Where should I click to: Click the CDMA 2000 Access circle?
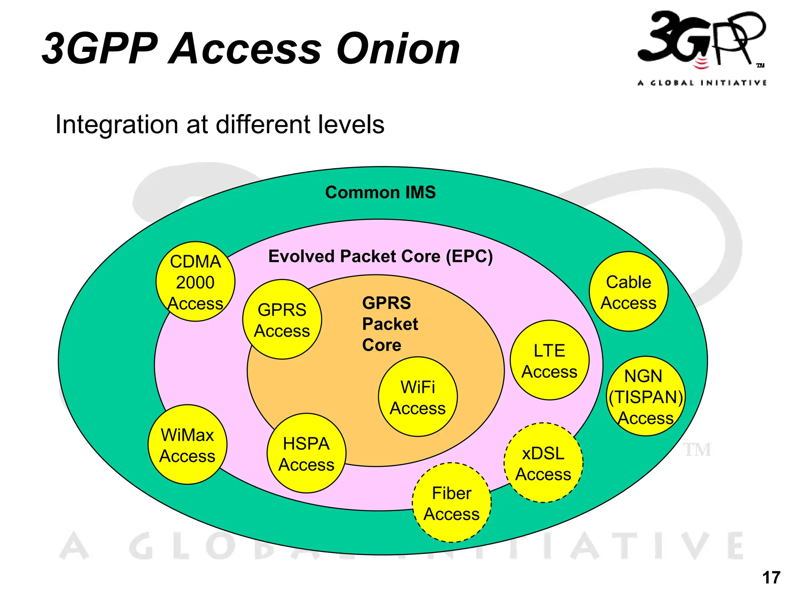(195, 282)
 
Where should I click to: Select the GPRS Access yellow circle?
(282, 319)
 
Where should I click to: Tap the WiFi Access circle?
(418, 397)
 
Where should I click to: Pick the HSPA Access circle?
(306, 453)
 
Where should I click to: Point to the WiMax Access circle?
(188, 445)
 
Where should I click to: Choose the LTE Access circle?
(549, 360)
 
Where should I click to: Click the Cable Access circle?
(629, 292)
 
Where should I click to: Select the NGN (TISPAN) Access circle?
(646, 396)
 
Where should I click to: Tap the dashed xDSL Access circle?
(543, 463)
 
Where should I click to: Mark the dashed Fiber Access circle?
(452, 503)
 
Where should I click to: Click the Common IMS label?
(380, 192)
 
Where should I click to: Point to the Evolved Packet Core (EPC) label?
(380, 256)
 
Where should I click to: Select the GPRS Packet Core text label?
(389, 324)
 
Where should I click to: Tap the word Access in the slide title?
(245, 49)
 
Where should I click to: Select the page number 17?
(771, 578)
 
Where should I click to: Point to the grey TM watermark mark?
(697, 450)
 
